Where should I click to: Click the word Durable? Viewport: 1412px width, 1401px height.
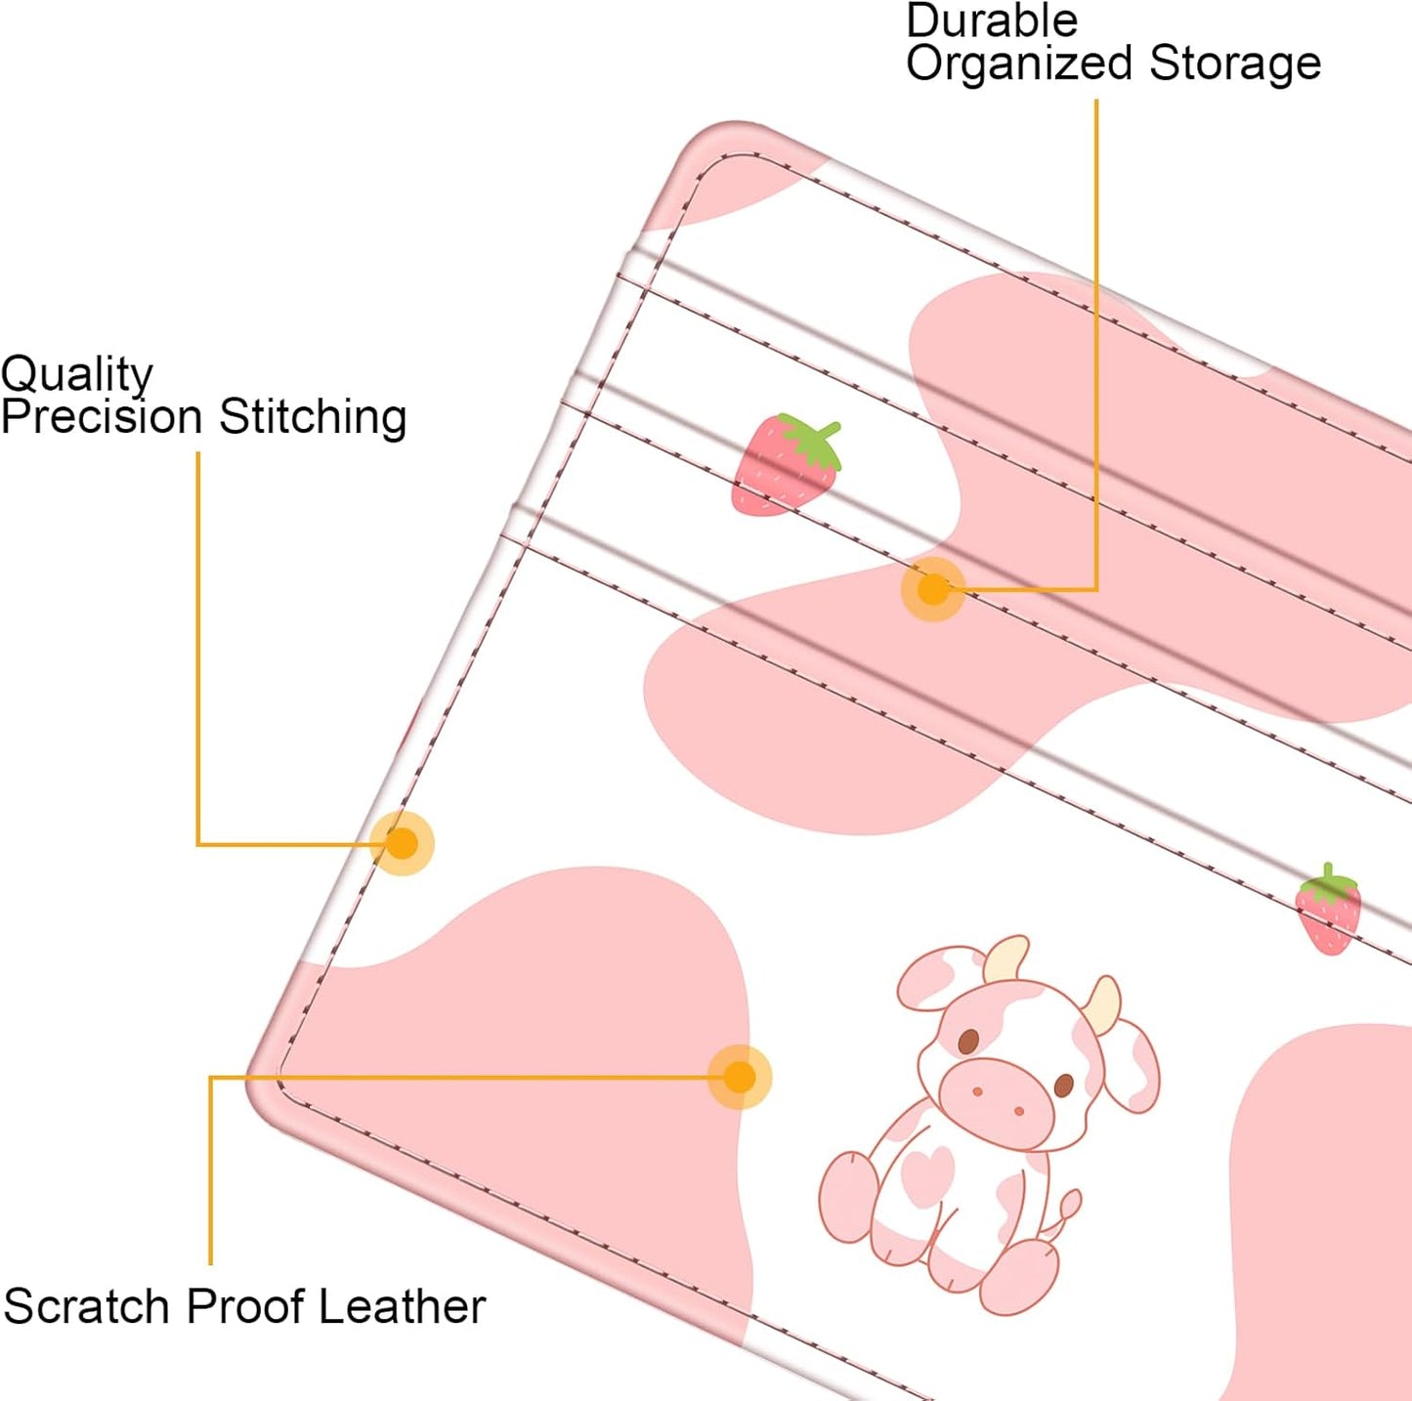992,21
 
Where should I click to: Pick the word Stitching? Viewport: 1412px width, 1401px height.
313,418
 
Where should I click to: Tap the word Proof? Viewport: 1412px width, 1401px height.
244,1307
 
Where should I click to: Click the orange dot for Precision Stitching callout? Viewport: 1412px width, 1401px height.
402,843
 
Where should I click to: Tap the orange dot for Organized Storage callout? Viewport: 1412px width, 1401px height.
933,589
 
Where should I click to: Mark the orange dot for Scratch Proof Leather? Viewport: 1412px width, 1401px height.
740,1077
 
